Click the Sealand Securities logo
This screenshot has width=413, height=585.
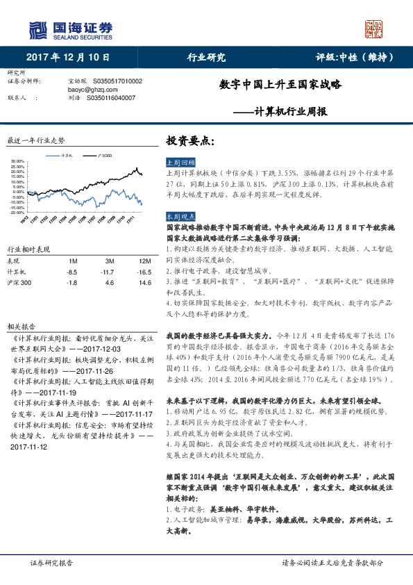69,30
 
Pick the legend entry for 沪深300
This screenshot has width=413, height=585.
103,155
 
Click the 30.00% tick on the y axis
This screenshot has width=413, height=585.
18,161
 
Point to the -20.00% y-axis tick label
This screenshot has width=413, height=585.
18,213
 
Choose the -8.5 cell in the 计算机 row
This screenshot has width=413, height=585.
72,272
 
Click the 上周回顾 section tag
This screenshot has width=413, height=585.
179,161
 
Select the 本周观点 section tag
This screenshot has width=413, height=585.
179,217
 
